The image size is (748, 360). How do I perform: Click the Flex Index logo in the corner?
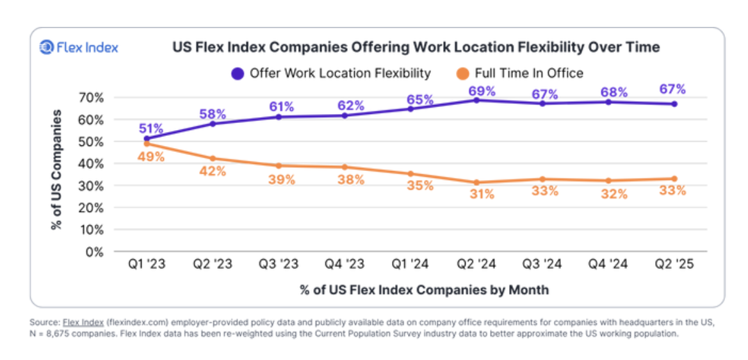79,47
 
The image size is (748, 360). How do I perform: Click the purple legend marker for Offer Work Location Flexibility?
238,73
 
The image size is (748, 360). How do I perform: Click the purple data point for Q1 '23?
147,138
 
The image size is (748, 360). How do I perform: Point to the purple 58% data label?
213,114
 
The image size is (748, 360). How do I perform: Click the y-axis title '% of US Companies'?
57,170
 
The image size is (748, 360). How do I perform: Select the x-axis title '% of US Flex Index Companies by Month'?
424,290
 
